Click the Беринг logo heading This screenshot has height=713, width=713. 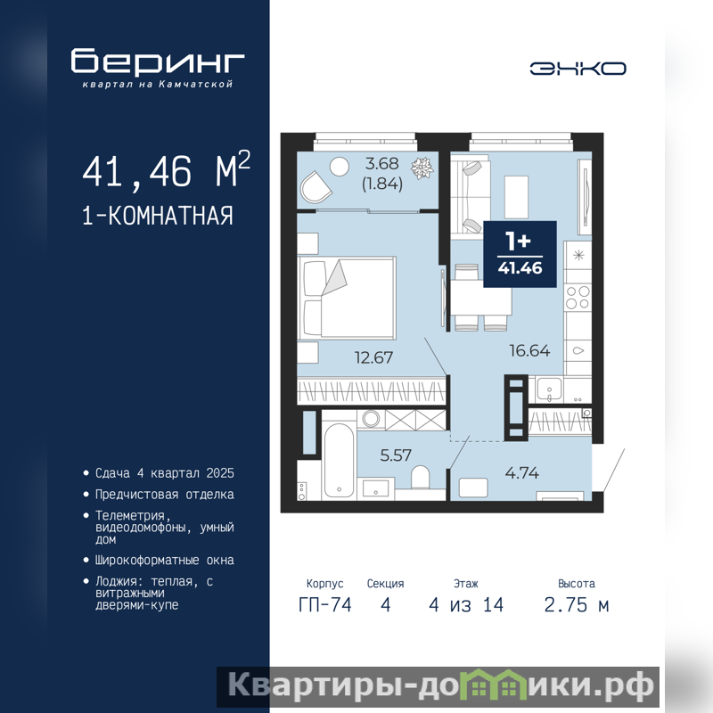click(x=158, y=61)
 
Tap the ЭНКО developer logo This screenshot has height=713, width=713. click(x=578, y=69)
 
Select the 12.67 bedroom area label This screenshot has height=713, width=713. click(x=373, y=358)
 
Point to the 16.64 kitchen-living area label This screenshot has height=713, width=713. click(x=529, y=350)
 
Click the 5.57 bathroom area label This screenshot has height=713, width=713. click(x=396, y=455)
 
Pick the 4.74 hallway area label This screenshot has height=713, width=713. click(x=522, y=473)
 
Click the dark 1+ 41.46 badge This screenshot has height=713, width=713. click(x=520, y=254)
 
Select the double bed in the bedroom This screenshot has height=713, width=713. click(x=347, y=299)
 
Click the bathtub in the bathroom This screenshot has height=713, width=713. click(x=339, y=461)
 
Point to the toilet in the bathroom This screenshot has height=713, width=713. click(x=420, y=478)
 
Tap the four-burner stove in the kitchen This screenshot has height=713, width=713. click(x=578, y=298)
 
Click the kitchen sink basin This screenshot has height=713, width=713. click(x=549, y=389)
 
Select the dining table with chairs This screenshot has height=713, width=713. click(x=481, y=298)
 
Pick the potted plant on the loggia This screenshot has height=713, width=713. click(x=422, y=168)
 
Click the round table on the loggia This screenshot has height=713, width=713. click(x=340, y=167)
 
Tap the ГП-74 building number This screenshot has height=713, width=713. click(x=325, y=605)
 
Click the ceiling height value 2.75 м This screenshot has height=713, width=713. click(x=577, y=605)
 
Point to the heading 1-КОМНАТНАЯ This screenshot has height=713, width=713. click(x=158, y=216)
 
